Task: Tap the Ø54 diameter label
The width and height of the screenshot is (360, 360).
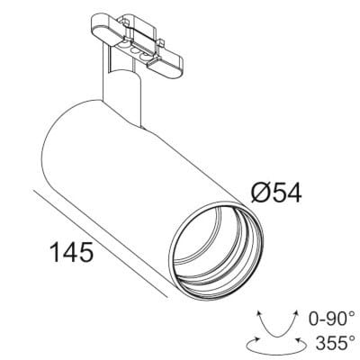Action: tap(275, 193)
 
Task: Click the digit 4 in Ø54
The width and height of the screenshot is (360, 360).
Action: tap(292, 193)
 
